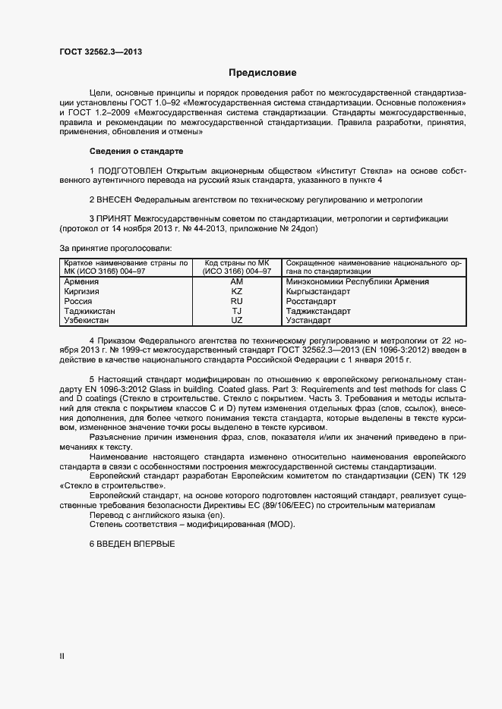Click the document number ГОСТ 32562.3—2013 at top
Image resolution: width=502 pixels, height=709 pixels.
click(100, 52)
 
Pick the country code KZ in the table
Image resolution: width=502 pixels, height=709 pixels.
click(236, 291)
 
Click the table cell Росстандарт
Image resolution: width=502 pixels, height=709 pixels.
click(314, 301)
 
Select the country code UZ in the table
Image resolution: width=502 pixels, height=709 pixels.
click(236, 321)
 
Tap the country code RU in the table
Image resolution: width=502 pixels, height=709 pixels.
click(236, 301)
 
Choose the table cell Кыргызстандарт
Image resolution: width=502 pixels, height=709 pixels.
click(318, 291)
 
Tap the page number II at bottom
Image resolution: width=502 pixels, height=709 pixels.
click(62, 656)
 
